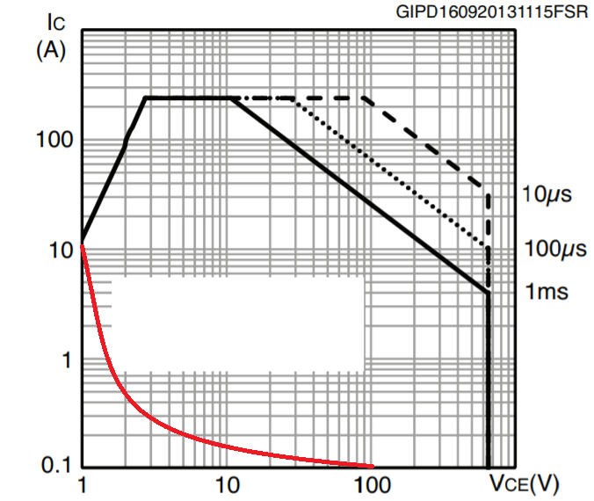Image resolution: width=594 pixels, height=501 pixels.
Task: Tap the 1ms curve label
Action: [x=547, y=291]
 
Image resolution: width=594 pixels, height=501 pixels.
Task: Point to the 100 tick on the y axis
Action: [x=54, y=141]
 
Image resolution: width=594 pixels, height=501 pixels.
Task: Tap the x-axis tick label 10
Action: [x=228, y=483]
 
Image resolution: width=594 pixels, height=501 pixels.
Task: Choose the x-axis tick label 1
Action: [x=83, y=483]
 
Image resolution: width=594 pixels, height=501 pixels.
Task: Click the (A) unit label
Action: [x=50, y=51]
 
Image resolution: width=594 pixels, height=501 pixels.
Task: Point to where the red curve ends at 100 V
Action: [x=372, y=466]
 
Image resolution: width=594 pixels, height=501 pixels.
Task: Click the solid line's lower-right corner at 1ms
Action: [x=488, y=293]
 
